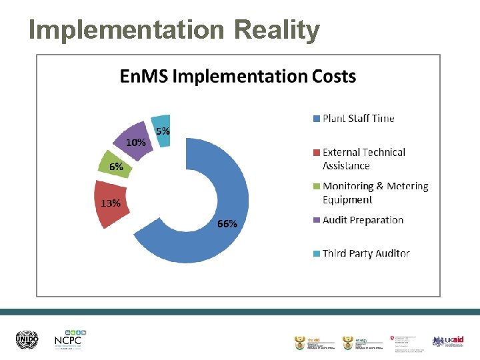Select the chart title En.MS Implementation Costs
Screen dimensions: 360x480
coord(238,76)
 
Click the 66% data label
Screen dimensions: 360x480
coord(227,224)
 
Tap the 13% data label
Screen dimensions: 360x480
coord(111,203)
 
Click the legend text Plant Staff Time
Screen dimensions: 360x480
coord(358,119)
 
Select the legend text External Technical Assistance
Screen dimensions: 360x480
coord(363,159)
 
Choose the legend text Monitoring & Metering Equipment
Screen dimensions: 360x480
coord(375,193)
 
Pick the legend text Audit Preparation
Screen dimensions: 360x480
coord(363,220)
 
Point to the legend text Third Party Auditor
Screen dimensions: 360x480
coord(365,253)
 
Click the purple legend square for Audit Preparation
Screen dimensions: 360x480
coord(317,221)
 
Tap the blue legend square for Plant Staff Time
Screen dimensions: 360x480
coord(317,119)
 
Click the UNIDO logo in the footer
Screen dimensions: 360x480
coord(28,340)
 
